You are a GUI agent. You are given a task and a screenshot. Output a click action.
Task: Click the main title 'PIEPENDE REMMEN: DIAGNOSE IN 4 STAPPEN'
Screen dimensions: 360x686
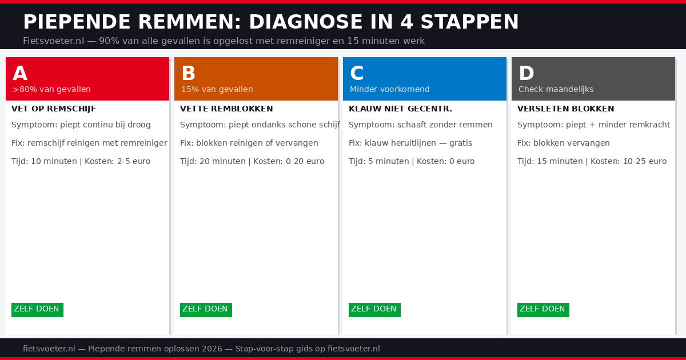[270, 22]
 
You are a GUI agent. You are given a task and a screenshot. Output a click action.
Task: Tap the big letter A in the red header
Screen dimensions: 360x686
[20, 74]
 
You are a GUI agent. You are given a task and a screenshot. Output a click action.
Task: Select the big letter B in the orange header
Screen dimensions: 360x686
[189, 74]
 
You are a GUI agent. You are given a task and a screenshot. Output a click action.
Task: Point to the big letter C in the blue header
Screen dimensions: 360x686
[357, 74]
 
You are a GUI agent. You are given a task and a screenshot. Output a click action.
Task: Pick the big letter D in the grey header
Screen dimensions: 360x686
[526, 74]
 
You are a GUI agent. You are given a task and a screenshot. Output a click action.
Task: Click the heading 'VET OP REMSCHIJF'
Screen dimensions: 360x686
[54, 109]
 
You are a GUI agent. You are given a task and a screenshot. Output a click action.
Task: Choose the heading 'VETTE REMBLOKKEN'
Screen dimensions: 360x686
[226, 109]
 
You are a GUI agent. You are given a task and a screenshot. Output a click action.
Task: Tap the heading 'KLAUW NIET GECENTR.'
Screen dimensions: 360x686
[400, 109]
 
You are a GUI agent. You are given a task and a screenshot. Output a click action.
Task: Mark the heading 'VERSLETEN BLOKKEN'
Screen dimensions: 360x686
[565, 109]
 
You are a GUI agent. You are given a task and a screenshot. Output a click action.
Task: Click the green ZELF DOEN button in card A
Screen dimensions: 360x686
[37, 309]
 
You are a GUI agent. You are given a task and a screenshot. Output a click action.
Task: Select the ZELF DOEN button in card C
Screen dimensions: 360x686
[374, 309]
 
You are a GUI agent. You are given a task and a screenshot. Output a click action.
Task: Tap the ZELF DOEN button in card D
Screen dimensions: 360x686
[543, 309]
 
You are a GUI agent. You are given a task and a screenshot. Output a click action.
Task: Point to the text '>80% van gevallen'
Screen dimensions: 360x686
[51, 89]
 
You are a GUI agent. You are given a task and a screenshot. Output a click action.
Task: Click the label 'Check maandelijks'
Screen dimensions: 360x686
[556, 89]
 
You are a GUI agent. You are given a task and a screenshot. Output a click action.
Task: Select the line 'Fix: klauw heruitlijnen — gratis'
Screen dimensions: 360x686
[410, 143]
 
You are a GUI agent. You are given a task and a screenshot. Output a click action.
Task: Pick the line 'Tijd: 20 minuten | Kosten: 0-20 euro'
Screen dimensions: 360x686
[252, 161]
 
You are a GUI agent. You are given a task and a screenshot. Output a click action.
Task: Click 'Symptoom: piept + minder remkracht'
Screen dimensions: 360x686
[593, 125]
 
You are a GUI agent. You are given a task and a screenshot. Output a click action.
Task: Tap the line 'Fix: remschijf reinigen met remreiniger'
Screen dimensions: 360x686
[89, 143]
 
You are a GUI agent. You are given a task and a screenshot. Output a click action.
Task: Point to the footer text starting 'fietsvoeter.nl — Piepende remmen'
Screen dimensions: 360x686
[201, 349]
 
